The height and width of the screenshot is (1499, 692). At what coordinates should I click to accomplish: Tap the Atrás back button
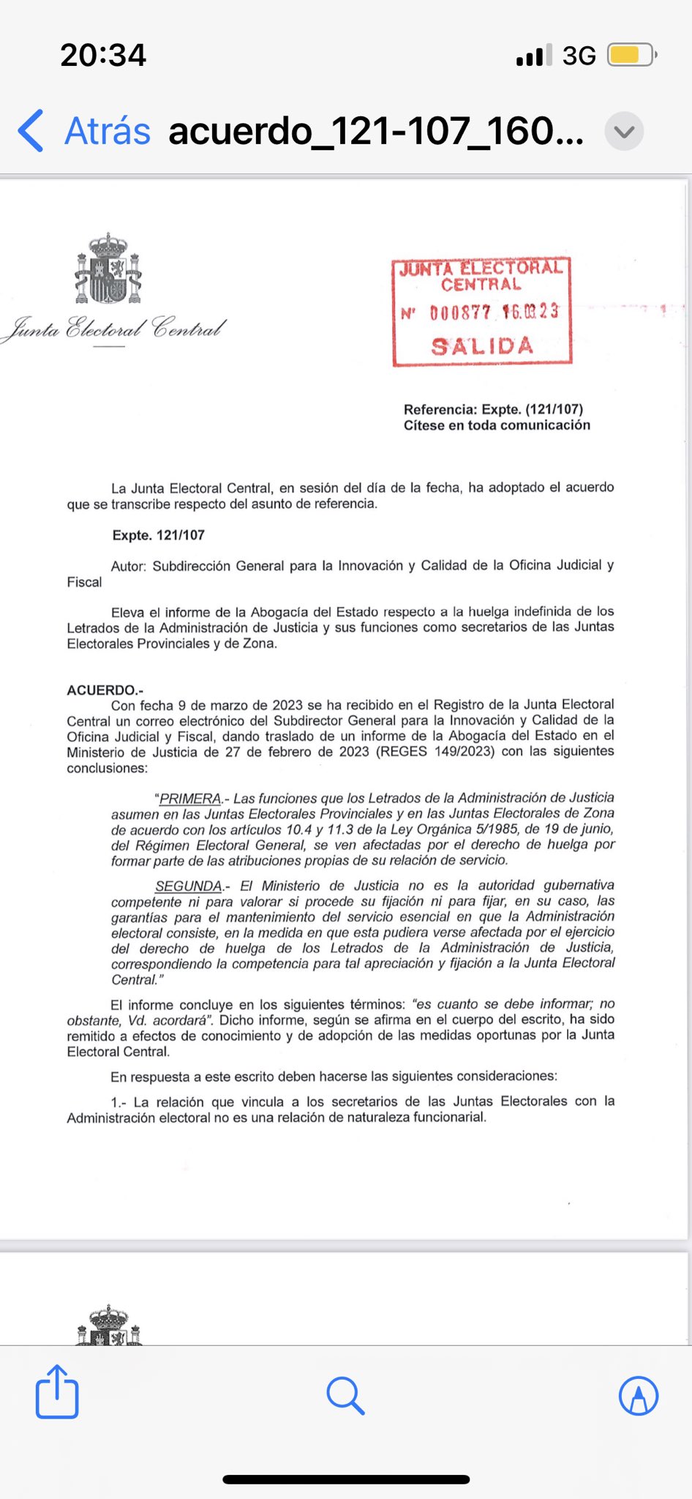point(84,132)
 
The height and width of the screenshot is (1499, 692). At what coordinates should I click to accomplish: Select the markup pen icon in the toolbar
point(638,1396)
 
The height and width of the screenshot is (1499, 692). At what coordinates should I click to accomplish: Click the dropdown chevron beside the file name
point(624,132)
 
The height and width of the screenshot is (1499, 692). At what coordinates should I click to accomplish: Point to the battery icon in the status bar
point(632,55)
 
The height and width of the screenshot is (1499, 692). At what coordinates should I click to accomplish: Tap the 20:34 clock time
point(103,56)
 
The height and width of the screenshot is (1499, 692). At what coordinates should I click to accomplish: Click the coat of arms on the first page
point(108,269)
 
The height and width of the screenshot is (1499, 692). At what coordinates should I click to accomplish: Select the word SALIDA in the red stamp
point(482,346)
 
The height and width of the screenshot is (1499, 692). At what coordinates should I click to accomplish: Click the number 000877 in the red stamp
point(460,313)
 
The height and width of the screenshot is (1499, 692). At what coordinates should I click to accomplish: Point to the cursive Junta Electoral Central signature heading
point(115,329)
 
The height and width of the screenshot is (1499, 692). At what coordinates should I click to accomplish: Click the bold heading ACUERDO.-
point(105,689)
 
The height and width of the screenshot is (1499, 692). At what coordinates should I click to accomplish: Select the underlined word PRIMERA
point(189,799)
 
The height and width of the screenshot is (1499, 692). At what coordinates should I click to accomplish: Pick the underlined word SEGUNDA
point(188,886)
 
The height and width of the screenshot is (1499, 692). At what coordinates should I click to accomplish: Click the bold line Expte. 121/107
point(158,535)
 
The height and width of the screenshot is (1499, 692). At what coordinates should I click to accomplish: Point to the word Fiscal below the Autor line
point(84,582)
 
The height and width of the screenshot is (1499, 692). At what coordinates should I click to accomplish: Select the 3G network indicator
point(579,56)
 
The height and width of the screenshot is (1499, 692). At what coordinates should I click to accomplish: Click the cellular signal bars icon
point(534,56)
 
